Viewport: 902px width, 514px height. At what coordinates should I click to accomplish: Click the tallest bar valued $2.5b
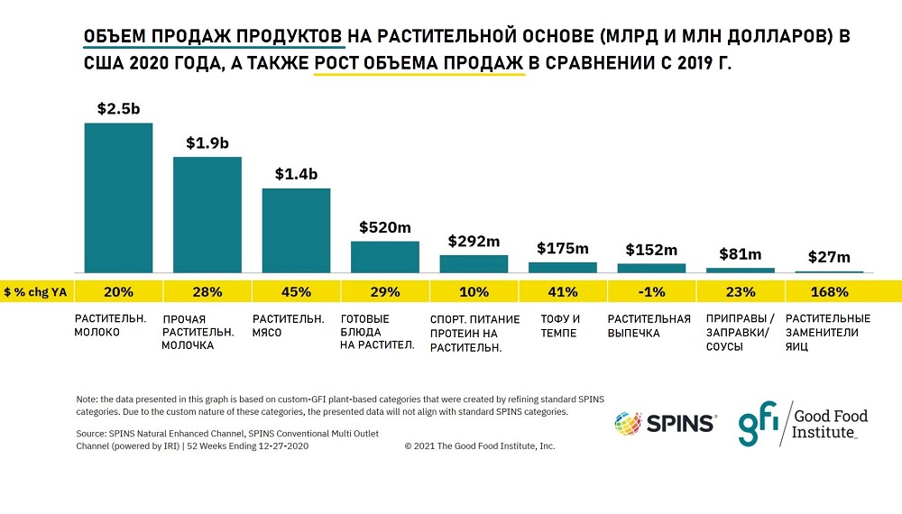pos(118,197)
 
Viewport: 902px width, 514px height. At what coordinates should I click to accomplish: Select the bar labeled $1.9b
pos(207,215)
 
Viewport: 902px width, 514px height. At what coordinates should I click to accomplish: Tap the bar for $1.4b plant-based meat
pos(296,230)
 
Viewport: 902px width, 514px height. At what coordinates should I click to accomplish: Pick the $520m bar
pos(384,257)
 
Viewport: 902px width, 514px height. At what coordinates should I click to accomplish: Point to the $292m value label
pos(474,242)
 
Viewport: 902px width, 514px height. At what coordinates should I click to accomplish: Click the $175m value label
pos(562,248)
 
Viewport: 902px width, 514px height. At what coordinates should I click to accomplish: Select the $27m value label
pos(829,258)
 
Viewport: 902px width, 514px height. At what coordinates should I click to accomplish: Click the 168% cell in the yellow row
pos(829,292)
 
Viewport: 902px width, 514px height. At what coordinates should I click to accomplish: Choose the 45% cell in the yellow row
pos(296,292)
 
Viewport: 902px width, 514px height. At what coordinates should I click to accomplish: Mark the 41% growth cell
pos(562,292)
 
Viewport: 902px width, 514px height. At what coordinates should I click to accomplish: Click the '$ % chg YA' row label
pos(36,292)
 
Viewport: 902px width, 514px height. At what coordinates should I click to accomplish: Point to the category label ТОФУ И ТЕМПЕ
pos(561,326)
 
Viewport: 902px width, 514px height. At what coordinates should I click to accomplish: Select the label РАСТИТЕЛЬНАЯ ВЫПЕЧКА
pos(649,326)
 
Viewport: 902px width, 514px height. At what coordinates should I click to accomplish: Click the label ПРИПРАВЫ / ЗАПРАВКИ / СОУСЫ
pos(736,332)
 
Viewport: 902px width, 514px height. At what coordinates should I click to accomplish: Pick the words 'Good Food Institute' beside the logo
pos(830,423)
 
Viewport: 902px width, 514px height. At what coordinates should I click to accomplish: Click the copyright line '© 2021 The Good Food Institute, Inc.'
pos(480,445)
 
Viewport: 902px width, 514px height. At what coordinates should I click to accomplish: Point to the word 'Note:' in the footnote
pos(87,399)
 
